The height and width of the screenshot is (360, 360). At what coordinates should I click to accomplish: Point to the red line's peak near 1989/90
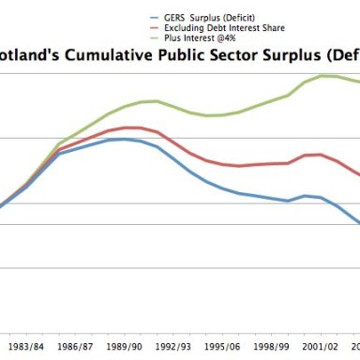(131, 127)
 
